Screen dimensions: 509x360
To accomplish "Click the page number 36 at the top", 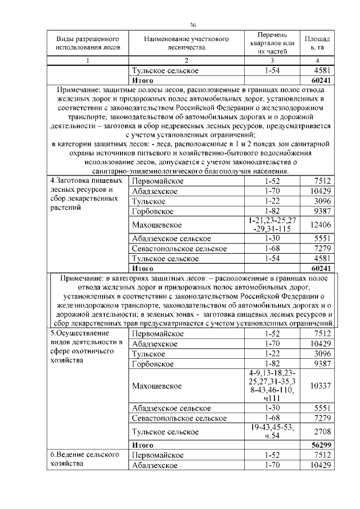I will [x=193, y=25].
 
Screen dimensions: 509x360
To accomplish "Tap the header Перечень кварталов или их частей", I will [x=272, y=43].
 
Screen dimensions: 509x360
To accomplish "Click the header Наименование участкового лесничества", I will [x=186, y=43].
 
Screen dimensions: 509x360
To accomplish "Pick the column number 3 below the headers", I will [x=272, y=61].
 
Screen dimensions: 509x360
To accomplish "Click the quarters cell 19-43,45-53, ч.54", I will [x=272, y=431].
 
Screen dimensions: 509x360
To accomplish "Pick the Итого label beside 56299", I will [x=142, y=445].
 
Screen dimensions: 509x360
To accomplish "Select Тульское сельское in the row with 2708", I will [x=165, y=431].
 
